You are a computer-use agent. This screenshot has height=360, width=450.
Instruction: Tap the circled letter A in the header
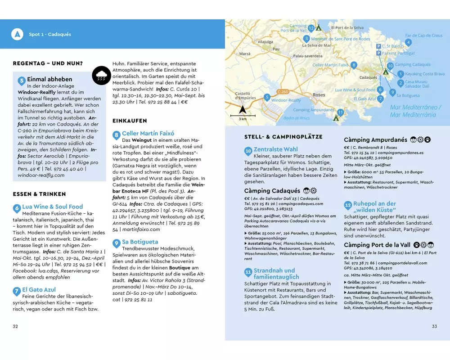(17, 34)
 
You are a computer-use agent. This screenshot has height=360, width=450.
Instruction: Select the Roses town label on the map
(319, 95)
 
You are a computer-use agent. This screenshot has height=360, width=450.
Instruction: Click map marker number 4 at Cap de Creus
(408, 42)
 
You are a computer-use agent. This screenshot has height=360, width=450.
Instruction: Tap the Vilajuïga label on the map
(265, 42)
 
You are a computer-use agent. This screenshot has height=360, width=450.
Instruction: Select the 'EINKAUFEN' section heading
(130, 121)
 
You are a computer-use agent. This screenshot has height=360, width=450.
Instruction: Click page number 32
(16, 326)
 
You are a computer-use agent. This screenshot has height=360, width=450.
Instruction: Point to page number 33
(434, 326)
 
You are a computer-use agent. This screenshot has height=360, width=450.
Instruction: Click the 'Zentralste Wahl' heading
(275, 149)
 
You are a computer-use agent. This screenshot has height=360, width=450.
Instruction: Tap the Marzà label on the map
(245, 54)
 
